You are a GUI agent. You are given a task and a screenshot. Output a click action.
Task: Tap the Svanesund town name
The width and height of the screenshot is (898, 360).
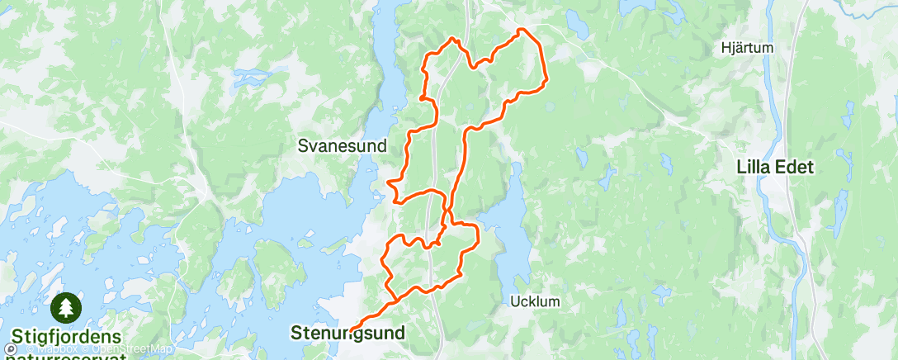tap(342, 146)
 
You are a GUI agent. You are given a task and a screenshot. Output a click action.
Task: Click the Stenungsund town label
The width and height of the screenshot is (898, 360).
tap(348, 334)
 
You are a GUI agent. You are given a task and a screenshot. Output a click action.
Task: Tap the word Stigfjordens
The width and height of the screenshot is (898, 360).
tap(65, 338)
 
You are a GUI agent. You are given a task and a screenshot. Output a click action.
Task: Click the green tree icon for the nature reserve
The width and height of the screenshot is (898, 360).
tap(65, 309)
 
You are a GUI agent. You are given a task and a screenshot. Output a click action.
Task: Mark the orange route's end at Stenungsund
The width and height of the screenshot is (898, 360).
tap(352, 330)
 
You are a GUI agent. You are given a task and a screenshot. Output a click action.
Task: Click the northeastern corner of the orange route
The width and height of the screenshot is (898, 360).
tap(520, 31)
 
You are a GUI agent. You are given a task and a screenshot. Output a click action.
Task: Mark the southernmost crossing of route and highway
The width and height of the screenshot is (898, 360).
tap(432, 288)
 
